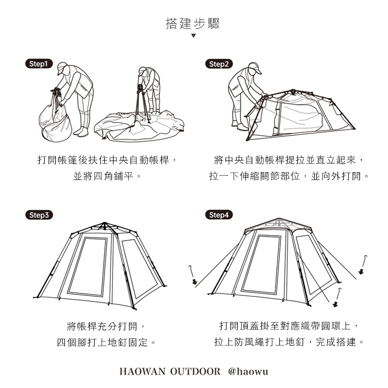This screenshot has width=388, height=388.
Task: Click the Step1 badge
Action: click(39, 64)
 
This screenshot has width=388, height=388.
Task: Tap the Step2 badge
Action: click(219, 64)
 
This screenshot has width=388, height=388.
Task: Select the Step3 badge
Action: click(39, 215)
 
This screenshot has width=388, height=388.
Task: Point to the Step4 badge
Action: click(219, 214)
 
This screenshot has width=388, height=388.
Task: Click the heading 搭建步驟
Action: click(193, 24)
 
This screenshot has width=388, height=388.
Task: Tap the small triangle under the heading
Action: click(194, 35)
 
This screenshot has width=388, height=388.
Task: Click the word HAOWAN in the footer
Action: click(142, 372)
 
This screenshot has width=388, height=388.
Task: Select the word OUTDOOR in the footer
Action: click(195, 372)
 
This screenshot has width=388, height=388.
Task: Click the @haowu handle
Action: click(248, 372)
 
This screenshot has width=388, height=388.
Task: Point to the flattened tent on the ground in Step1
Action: click(139, 126)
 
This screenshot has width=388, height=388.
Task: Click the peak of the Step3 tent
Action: click(104, 224)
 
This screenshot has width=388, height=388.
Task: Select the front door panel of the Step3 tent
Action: click(88, 266)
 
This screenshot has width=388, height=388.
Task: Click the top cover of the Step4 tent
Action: click(278, 224)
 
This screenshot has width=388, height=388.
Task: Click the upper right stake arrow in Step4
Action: click(363, 265)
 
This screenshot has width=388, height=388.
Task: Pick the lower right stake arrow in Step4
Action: click(337, 298)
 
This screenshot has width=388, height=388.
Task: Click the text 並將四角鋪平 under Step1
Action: click(103, 176)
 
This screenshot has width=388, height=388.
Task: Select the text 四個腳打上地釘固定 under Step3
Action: click(102, 342)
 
